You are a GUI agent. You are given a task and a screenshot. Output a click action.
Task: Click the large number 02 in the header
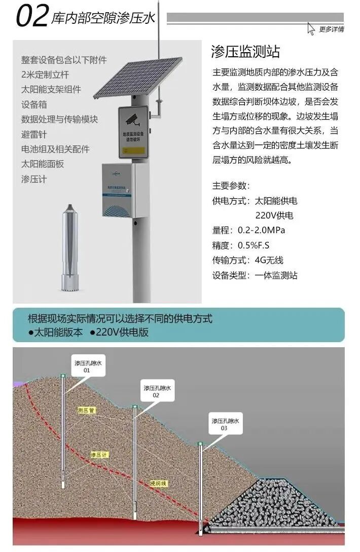pyautogui.click(x=32, y=16)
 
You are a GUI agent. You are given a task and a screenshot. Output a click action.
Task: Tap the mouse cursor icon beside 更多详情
pyautogui.click(x=311, y=28)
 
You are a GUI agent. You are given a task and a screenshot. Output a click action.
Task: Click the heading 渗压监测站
pyautogui.click(x=245, y=52)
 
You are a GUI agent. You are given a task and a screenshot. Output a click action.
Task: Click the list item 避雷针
pyautogui.click(x=34, y=134)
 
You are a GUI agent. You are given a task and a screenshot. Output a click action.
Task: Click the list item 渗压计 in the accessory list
pyautogui.click(x=34, y=179)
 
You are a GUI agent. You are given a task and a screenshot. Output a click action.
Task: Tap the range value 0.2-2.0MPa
pyautogui.click(x=261, y=230)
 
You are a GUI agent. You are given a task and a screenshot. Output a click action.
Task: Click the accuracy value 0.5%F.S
pyautogui.click(x=254, y=245)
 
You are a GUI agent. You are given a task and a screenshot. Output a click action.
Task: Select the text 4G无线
pyautogui.click(x=269, y=261)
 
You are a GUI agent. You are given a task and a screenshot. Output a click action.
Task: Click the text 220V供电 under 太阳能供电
pyautogui.click(x=274, y=215)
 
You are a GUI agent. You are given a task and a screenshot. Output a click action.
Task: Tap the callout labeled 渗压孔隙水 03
pyautogui.click(x=225, y=424)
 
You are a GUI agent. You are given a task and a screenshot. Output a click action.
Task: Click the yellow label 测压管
pyautogui.click(x=86, y=410)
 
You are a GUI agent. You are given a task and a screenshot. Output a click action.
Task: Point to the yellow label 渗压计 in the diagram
pyautogui.click(x=100, y=455)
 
